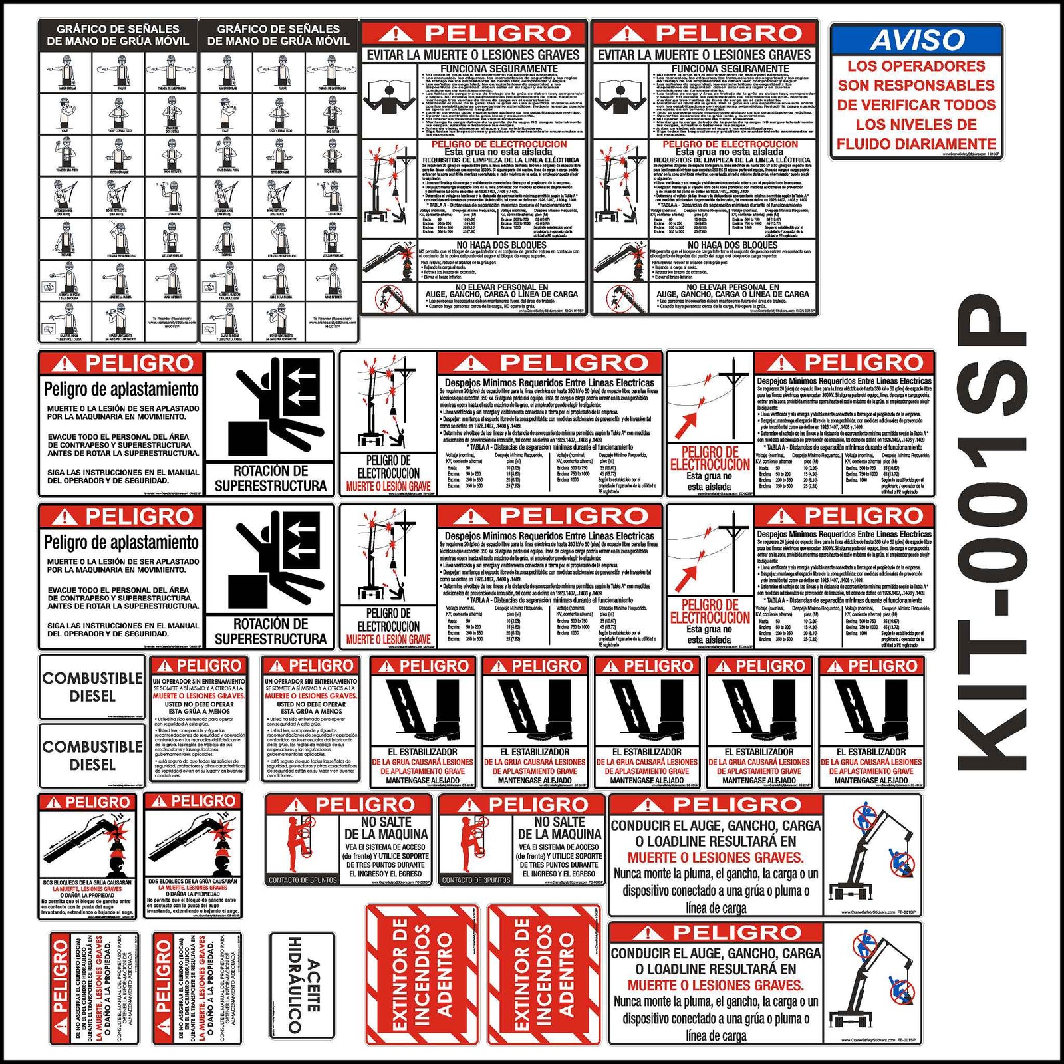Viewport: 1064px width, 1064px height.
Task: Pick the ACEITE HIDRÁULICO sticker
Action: click(302, 985)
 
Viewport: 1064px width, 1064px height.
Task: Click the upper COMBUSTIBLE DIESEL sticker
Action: click(92, 686)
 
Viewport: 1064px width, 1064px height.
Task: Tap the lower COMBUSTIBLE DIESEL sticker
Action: click(92, 755)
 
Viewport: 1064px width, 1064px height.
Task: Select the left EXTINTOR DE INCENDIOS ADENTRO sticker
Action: click(422, 974)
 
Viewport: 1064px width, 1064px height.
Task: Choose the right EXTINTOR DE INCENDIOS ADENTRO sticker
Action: click(544, 974)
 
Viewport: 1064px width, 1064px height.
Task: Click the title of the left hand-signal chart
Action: click(118, 35)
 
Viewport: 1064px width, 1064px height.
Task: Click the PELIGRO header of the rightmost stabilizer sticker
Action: click(871, 666)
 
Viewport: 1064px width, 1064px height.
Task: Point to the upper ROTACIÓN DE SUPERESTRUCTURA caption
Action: click(270, 479)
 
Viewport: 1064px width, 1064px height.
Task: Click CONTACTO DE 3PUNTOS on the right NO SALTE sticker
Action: click(475, 880)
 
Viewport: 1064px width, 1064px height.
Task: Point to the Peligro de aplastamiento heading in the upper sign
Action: click(121, 389)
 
